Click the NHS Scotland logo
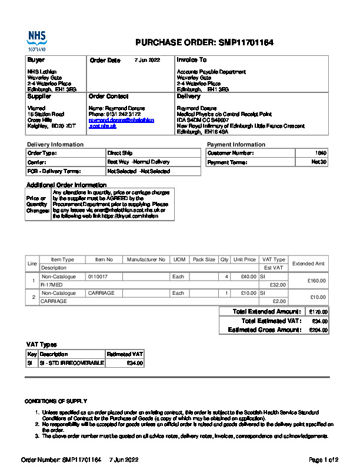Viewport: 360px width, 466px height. pyautogui.click(x=36, y=41)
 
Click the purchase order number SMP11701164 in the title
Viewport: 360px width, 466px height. pyautogui.click(x=246, y=43)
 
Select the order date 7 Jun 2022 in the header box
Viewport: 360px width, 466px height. pyautogui.click(x=147, y=60)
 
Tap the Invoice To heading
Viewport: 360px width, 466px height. pyautogui.click(x=192, y=60)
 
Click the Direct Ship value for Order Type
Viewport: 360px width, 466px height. pyautogui.click(x=119, y=153)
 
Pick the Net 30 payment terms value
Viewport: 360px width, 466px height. pyautogui.click(x=319, y=162)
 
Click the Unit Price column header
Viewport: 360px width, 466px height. pyautogui.click(x=245, y=259)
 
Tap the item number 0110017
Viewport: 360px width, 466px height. pyautogui.click(x=98, y=276)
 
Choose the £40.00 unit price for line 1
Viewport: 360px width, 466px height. pyautogui.click(x=248, y=276)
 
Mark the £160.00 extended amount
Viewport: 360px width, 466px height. pyautogui.click(x=317, y=281)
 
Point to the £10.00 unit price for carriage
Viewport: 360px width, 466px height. pyautogui.click(x=248, y=293)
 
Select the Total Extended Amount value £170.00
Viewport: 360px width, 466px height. pyautogui.click(x=318, y=312)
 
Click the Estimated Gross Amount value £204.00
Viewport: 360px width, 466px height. pyautogui.click(x=318, y=330)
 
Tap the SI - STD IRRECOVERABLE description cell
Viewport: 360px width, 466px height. pyautogui.click(x=71, y=363)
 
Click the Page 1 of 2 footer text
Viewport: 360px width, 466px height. pyautogui.click(x=323, y=459)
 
